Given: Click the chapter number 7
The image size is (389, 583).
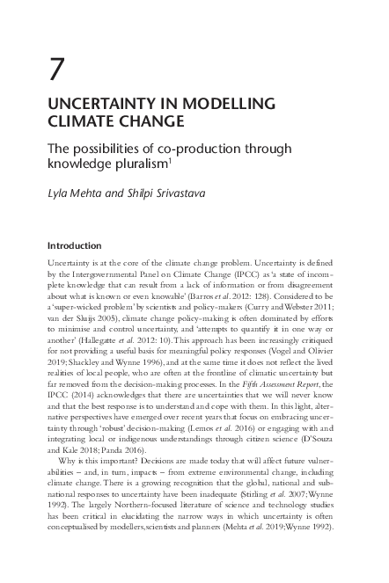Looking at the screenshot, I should click(x=57, y=69).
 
